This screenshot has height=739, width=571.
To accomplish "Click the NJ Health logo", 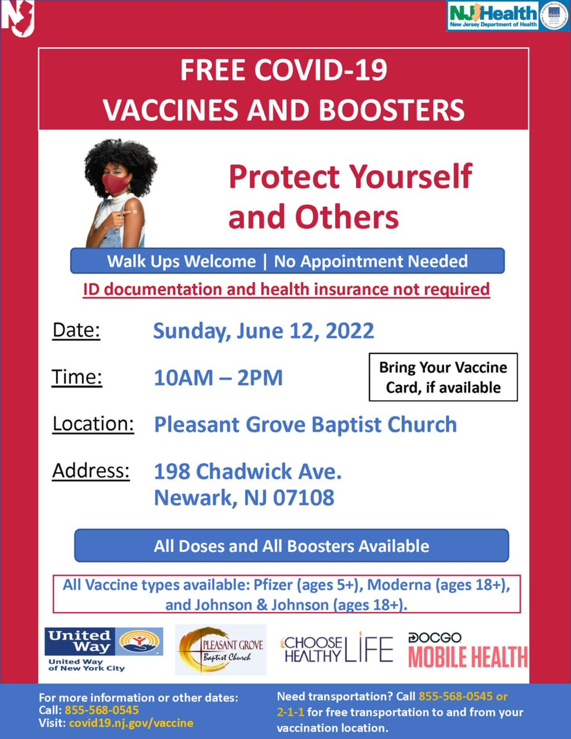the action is [x=508, y=16].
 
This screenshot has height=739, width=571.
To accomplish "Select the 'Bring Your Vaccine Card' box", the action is [x=443, y=377].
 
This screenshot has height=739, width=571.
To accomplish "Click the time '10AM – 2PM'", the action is [x=218, y=378].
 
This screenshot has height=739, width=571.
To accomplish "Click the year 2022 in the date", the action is [x=350, y=331].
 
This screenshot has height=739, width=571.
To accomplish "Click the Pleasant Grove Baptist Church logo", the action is [x=221, y=650].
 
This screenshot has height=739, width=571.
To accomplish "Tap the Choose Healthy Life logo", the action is [x=337, y=649].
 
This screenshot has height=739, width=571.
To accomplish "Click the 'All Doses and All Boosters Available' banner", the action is [x=291, y=546].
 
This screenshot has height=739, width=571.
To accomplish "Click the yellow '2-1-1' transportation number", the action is [x=290, y=712].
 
